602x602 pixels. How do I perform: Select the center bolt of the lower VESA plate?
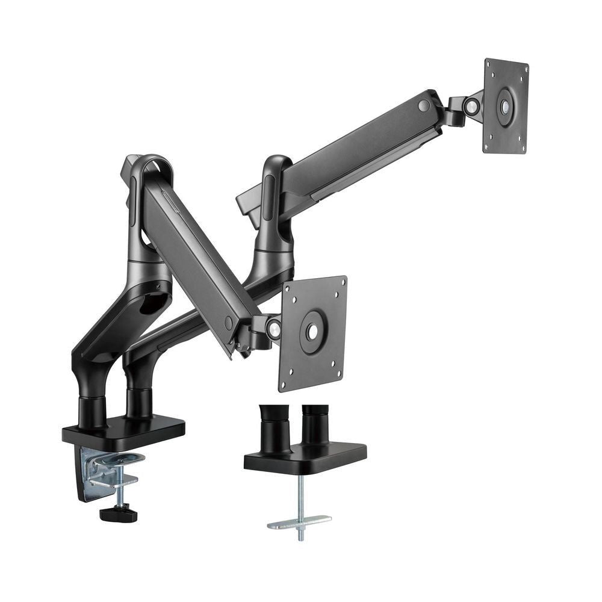312,332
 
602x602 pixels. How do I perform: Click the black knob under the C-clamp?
118,515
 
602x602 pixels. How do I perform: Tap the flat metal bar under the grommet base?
299,521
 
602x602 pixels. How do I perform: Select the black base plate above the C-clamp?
123,429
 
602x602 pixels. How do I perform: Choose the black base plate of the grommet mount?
305,456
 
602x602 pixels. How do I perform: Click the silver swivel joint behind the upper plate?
472,107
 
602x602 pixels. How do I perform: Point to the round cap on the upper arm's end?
424,105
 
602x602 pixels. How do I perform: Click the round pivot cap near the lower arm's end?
228,323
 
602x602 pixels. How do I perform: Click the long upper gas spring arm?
355,150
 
